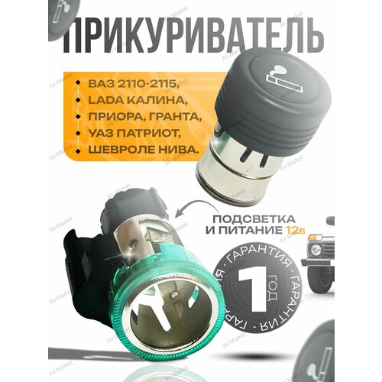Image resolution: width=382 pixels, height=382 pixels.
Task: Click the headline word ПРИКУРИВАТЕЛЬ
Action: pyautogui.click(x=191, y=34)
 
